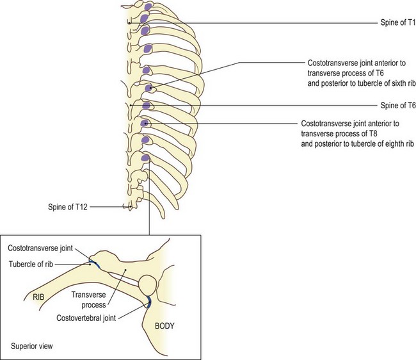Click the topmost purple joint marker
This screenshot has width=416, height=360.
[148, 8]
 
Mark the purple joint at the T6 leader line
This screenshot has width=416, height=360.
[150, 89]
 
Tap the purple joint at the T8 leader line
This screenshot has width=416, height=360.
[147, 124]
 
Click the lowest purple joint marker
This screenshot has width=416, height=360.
[146, 158]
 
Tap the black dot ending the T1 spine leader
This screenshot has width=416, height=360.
[130, 24]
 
